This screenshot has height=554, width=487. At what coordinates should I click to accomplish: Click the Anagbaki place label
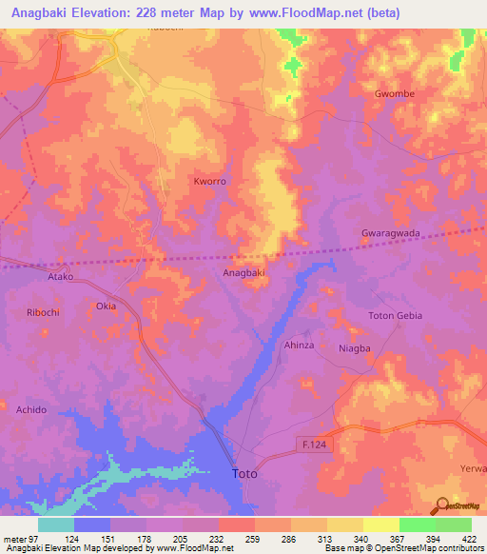click(243, 272)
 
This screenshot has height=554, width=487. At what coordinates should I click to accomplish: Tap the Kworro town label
click(209, 181)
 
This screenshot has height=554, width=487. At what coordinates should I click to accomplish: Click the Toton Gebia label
click(395, 315)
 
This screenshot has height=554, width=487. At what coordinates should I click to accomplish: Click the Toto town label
click(245, 473)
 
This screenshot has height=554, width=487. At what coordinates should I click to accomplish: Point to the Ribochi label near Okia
click(44, 312)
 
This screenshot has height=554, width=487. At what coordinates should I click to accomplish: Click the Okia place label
click(106, 307)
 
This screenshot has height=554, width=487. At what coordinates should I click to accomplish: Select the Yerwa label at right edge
click(473, 468)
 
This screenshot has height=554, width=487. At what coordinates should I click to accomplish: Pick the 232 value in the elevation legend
click(218, 538)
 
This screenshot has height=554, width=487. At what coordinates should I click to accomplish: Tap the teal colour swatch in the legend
click(55, 524)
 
